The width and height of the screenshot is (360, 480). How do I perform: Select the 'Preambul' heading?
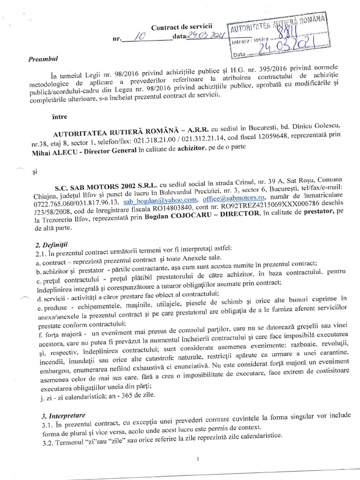[42, 59]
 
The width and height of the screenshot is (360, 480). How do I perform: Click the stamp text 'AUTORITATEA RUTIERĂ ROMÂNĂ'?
[277, 19]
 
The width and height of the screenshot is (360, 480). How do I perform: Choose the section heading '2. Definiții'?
[52, 245]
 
